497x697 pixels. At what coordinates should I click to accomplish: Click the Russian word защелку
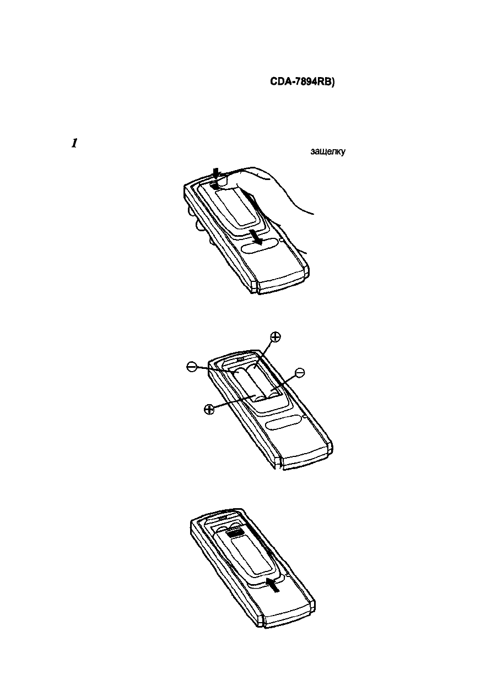[328, 152]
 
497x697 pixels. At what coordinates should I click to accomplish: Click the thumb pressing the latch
[225, 179]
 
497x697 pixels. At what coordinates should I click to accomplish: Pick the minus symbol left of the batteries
[191, 366]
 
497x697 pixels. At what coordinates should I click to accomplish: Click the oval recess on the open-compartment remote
[283, 423]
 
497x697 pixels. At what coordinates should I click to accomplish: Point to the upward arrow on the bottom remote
[273, 584]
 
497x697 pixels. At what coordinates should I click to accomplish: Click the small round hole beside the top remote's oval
[281, 240]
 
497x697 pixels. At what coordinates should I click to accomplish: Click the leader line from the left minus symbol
[212, 370]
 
